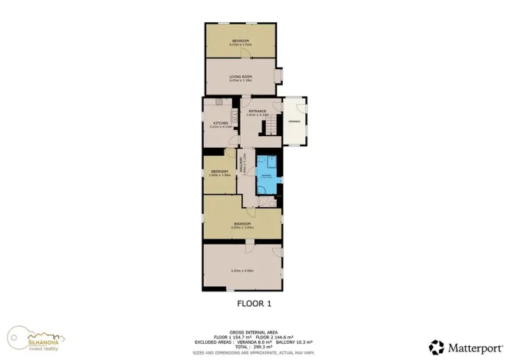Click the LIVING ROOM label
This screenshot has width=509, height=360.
(x=241, y=77)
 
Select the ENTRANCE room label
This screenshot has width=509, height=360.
(x=257, y=111)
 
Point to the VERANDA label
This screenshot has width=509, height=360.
(x=294, y=122)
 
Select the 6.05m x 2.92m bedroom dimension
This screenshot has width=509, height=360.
(x=241, y=45)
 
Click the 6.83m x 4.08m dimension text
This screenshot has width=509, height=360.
(x=242, y=271)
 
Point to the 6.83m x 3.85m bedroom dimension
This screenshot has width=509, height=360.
(x=242, y=228)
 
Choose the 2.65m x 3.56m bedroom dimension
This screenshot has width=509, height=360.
(x=219, y=175)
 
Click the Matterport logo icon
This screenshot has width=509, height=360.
(x=437, y=346)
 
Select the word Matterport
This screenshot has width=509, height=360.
(x=474, y=346)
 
